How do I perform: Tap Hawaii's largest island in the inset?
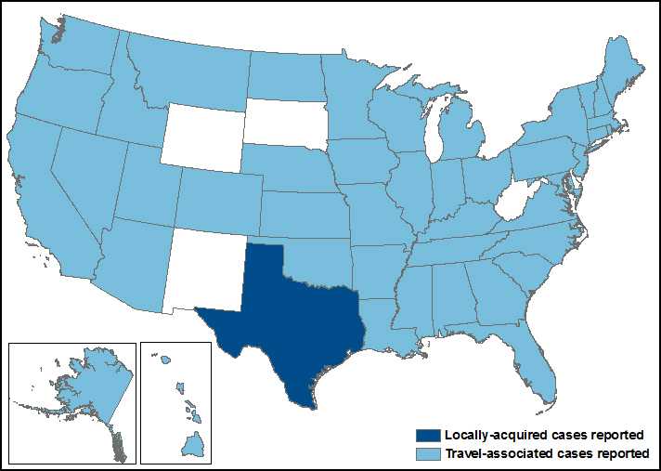click(192, 445)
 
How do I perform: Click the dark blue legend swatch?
click(428, 435)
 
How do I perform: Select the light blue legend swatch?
click(428, 452)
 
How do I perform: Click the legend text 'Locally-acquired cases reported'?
click(544, 435)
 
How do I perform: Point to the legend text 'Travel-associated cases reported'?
click(546, 452)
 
